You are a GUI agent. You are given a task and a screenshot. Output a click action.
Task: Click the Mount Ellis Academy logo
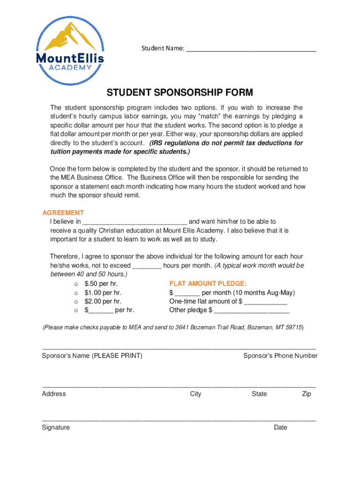pyautogui.click(x=70, y=51)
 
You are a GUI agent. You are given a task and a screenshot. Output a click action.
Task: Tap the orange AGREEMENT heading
pyautogui.click(x=63, y=213)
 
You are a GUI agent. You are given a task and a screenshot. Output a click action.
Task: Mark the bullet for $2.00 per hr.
pyautogui.click(x=76, y=302)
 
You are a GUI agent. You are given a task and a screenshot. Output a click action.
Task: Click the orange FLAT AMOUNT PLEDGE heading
pyautogui.click(x=208, y=284)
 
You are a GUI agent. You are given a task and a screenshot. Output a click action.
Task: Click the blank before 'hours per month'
pyautogui.click(x=147, y=266)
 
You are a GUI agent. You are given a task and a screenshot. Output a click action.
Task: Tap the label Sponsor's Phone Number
pyautogui.click(x=280, y=356)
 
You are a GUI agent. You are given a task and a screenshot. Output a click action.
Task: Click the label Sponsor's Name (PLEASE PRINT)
pyautogui.click(x=92, y=356)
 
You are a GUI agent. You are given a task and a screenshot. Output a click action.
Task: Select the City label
pyautogui.click(x=195, y=394)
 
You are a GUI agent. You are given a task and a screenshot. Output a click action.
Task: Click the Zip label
pyautogui.click(x=306, y=394)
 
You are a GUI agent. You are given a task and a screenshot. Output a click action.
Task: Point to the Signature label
pyautogui.click(x=56, y=428)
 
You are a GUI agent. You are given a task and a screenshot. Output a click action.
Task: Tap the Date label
pyautogui.click(x=281, y=428)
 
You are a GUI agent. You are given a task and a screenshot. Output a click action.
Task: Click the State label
pyautogui.click(x=259, y=394)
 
